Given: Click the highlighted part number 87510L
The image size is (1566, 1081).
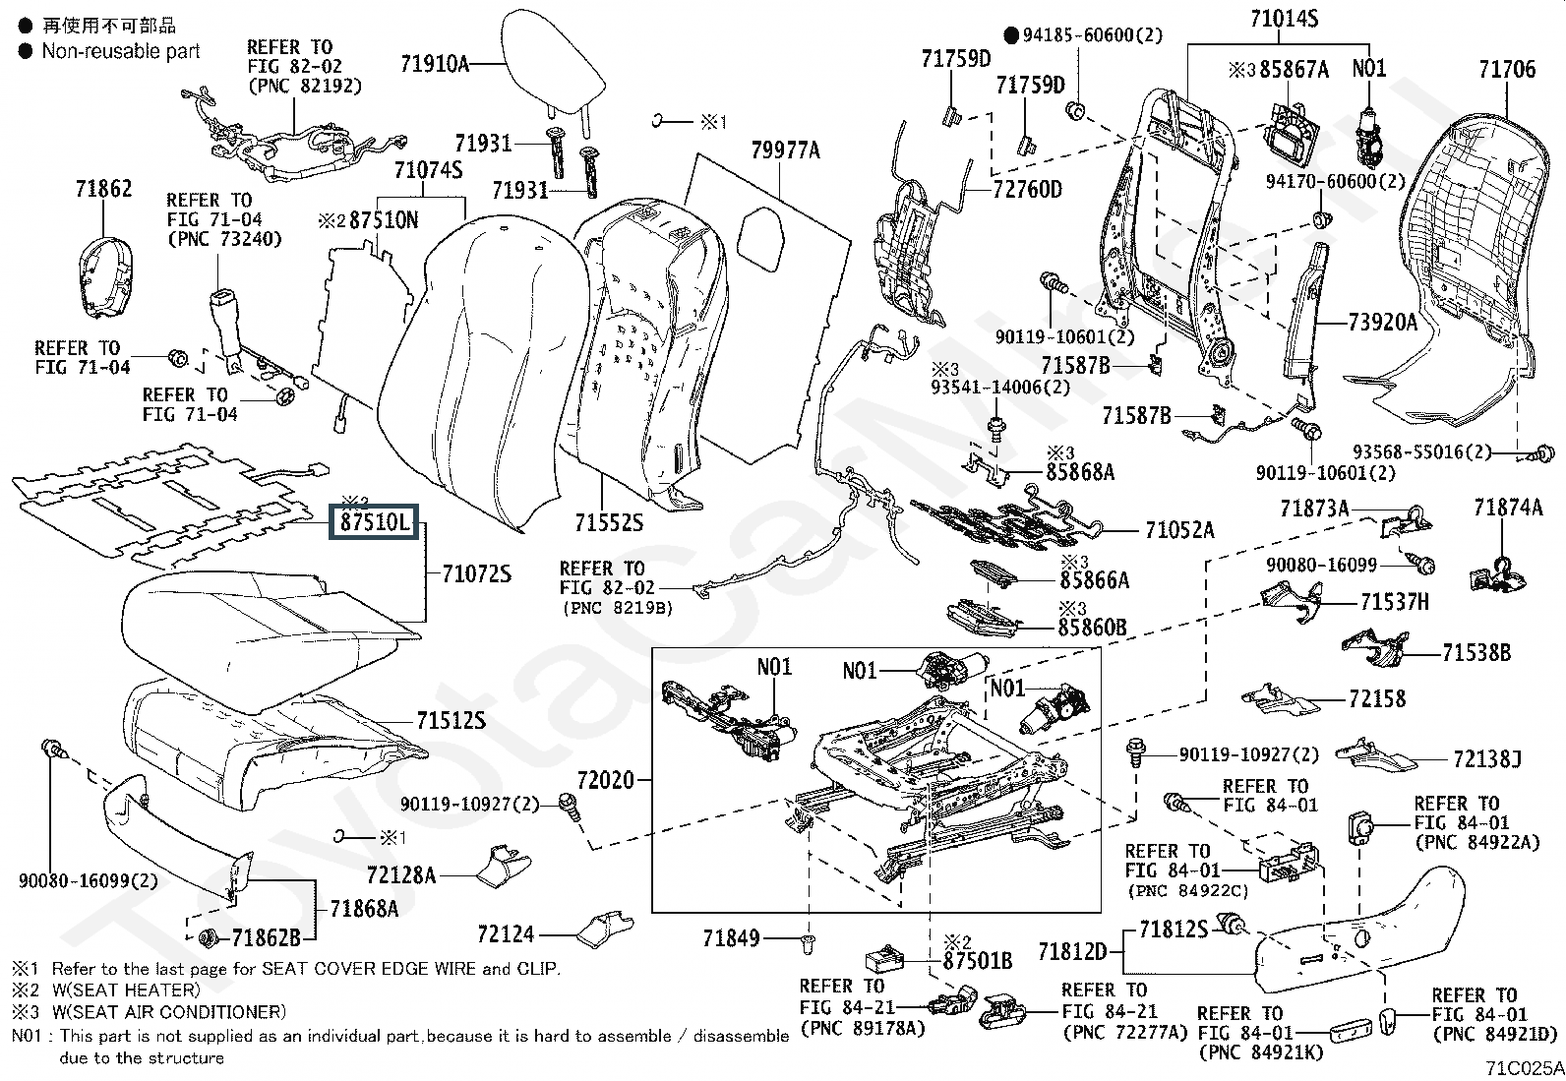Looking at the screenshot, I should click(x=374, y=522).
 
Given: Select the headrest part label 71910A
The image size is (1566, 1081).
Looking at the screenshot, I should click(x=434, y=64).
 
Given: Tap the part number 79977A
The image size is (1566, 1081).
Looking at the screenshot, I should click(x=785, y=150).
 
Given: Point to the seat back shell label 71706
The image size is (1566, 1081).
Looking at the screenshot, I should click(x=1506, y=69).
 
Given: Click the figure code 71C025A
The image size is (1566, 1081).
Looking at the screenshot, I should click(x=1524, y=1068).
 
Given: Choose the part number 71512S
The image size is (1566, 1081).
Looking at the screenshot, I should click(x=451, y=721).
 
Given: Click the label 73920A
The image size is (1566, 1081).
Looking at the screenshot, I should click(x=1382, y=322).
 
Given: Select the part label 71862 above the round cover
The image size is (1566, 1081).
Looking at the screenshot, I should click(x=103, y=188).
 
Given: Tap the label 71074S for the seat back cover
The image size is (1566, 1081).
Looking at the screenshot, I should click(x=428, y=170).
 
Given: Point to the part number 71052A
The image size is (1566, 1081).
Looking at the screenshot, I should click(x=1179, y=531).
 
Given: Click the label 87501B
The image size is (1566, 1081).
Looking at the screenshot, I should click(x=978, y=960).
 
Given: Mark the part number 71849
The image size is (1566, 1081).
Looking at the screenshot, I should click(x=731, y=938).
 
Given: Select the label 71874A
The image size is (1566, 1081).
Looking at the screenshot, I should click(x=1508, y=508).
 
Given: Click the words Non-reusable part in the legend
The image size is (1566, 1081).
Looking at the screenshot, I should click(x=121, y=51).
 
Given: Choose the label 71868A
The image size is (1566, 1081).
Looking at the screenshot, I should click(x=364, y=908).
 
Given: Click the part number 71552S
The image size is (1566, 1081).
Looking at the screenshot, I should click(x=610, y=521).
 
